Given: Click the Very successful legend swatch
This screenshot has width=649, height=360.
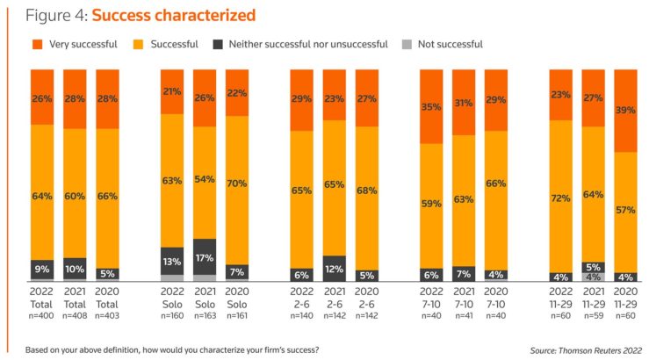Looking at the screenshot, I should pos(38,44).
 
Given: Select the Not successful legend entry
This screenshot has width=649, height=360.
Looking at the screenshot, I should pos(450,44).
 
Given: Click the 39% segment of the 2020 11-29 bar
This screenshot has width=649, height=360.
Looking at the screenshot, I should pos(626,111).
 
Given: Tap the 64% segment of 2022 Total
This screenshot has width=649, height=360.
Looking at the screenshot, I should pos(41,191).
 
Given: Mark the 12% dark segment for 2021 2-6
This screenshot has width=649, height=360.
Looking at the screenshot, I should pos(334,268).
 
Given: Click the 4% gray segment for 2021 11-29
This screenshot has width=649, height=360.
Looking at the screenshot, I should pos(594,277).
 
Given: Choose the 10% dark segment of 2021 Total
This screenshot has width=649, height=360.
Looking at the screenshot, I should pos(74,268).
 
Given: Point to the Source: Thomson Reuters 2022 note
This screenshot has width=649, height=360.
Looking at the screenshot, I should pos(573,349).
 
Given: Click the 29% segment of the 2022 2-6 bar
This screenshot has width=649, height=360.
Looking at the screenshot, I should pos(302,100).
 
